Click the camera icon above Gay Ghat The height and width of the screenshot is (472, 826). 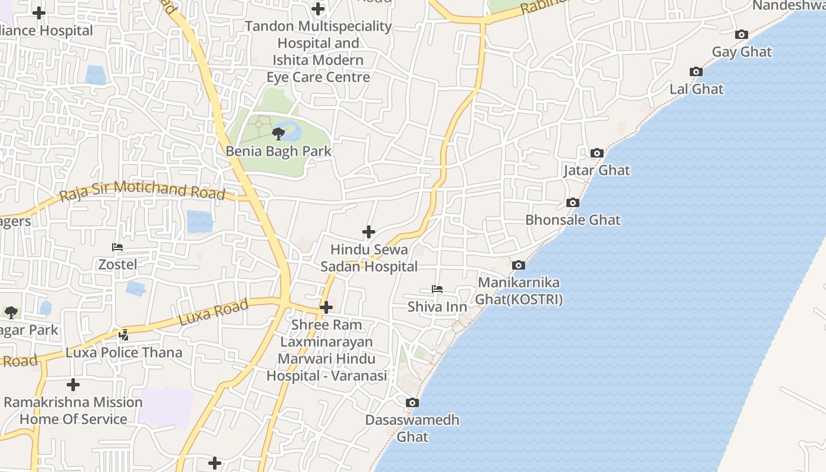pos(742,35)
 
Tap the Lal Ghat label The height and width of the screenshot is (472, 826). pos(696,89)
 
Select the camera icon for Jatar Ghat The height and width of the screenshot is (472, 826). pos(597,153)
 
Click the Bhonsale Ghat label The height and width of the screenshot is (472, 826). pos(573,220)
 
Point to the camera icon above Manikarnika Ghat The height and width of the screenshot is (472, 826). pos(519,265)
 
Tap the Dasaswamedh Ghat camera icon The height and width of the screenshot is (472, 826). pos(412,403)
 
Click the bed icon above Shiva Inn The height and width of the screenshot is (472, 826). pos(437,289)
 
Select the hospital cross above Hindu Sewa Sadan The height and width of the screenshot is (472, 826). pos(369,232)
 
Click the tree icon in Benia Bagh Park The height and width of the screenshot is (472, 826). pos(278,134)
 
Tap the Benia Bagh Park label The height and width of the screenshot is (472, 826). pos(279,151)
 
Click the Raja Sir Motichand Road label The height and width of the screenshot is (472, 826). pos(142,191)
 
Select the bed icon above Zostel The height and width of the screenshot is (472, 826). pos(117,247)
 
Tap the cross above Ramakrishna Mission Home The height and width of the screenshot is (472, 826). pos(73,385)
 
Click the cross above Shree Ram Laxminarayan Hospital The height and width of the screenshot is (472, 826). pos(326,307)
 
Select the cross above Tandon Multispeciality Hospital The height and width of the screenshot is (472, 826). pos(318,9)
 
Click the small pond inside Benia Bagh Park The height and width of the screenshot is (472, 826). pos(289,130)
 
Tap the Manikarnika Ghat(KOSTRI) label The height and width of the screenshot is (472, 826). pos(519,291)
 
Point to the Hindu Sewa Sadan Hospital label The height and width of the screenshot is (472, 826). pos(369,258)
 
